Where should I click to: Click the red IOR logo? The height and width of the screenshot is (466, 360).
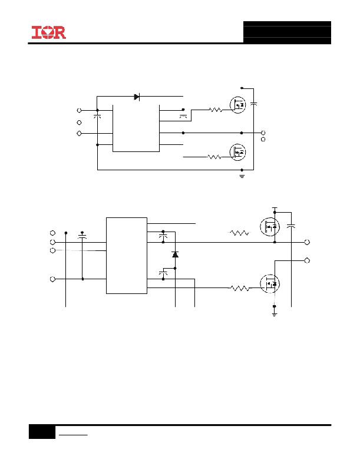(49, 32)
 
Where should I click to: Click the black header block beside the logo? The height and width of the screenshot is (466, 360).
(287, 32)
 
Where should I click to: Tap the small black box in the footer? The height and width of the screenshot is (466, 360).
(42, 432)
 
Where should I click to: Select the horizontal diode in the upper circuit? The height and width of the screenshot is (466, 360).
(137, 97)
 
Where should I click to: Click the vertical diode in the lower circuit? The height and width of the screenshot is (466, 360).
(175, 255)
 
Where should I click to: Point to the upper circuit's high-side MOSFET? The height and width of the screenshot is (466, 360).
(238, 105)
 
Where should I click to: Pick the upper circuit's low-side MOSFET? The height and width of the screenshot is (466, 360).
(238, 152)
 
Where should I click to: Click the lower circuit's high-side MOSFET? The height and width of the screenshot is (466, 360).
(270, 227)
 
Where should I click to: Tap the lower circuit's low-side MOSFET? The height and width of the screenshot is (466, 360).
(270, 284)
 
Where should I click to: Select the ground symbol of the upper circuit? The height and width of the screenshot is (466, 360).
(242, 176)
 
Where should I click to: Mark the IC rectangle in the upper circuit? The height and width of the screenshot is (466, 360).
(136, 128)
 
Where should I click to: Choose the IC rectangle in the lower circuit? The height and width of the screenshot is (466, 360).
(127, 256)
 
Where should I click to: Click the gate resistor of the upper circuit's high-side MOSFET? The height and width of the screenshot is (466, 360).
(216, 110)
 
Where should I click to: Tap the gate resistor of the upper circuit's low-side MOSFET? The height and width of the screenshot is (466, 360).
(214, 157)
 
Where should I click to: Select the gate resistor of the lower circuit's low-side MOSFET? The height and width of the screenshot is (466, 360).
(240, 288)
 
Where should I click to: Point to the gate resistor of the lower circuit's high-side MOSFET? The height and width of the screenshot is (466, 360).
(240, 233)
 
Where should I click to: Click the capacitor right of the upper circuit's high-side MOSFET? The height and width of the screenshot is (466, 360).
(253, 104)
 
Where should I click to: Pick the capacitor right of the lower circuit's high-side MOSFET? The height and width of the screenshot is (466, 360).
(291, 226)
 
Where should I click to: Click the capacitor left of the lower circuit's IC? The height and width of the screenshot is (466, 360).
(82, 237)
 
